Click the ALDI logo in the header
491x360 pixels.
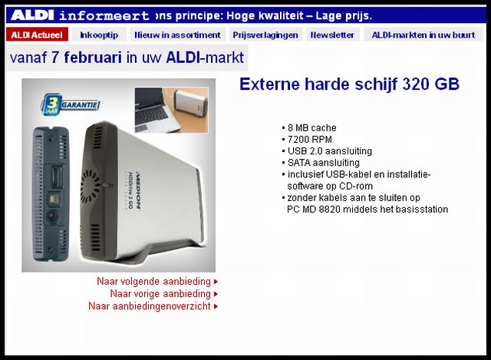pyautogui.click(x=32, y=15)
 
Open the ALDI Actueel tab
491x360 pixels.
pyautogui.click(x=37, y=35)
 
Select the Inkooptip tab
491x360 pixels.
pyautogui.click(x=99, y=35)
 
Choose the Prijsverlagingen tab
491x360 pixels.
pyautogui.click(x=266, y=35)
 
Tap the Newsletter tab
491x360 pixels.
pyautogui.click(x=332, y=35)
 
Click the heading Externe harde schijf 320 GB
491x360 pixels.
pyautogui.click(x=349, y=84)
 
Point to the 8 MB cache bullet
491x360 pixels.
pyautogui.click(x=311, y=128)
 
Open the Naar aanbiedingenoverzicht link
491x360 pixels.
pyautogui.click(x=150, y=306)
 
